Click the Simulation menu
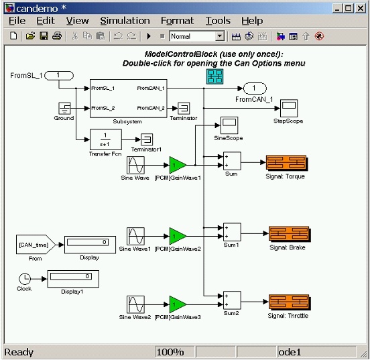[x=121, y=21]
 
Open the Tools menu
[x=218, y=21]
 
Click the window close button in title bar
[x=360, y=7]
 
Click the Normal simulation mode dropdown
[x=197, y=36]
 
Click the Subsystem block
[x=128, y=98]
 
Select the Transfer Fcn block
[x=105, y=139]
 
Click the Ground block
[x=64, y=108]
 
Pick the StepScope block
[x=288, y=108]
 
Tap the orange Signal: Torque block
[x=286, y=164]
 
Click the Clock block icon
[x=24, y=278]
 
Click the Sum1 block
[x=232, y=233]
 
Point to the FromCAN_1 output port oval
[x=255, y=88]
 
